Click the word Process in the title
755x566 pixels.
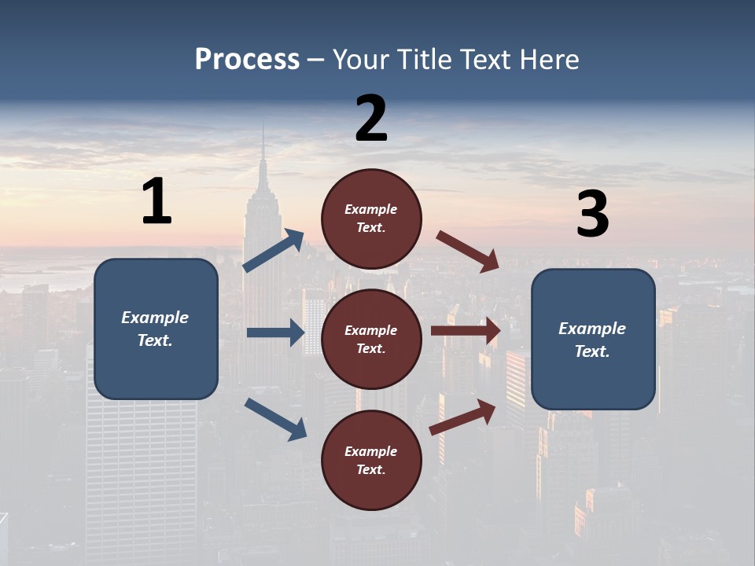tap(247, 60)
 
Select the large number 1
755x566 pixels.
tap(157, 202)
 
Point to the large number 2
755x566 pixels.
tap(371, 119)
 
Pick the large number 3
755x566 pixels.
tap(593, 215)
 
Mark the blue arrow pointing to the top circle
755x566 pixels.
tap(274, 251)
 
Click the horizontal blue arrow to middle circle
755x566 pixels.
tap(275, 333)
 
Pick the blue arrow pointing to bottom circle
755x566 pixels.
tap(275, 418)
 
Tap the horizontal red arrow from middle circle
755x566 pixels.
tap(466, 331)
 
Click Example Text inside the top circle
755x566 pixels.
tap(371, 219)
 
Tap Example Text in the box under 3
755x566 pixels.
tap(592, 340)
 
